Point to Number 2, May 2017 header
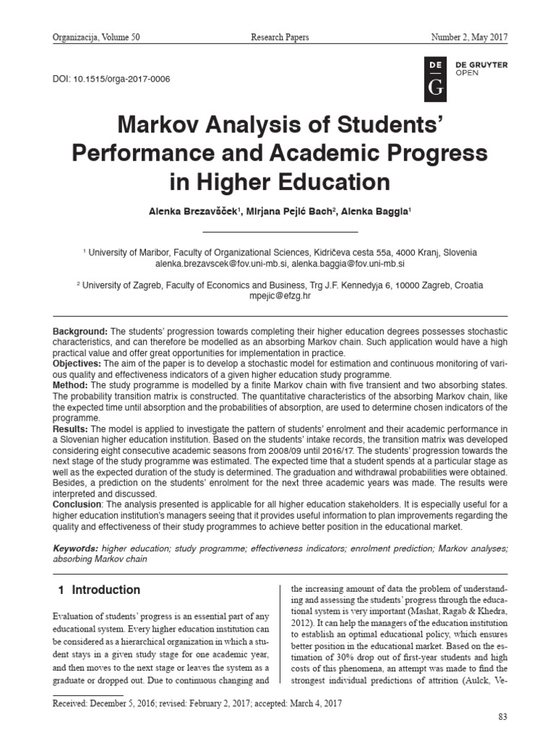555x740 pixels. coord(469,37)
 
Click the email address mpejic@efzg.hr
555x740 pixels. coord(280,296)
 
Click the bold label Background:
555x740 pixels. coord(81,330)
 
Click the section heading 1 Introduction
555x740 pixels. coord(99,590)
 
